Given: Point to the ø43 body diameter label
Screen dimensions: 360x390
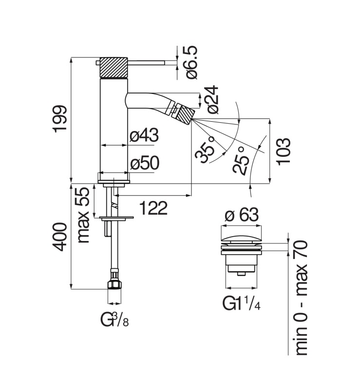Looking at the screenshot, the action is (x=144, y=135).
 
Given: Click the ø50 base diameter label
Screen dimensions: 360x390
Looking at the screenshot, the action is (x=145, y=164).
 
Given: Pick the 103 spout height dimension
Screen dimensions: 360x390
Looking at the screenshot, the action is (x=284, y=151).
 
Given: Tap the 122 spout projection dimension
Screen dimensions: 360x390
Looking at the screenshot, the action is (x=153, y=208).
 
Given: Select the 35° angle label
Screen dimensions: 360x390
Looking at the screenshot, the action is (x=205, y=149).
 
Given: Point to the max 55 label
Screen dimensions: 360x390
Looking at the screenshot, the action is (x=83, y=215).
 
